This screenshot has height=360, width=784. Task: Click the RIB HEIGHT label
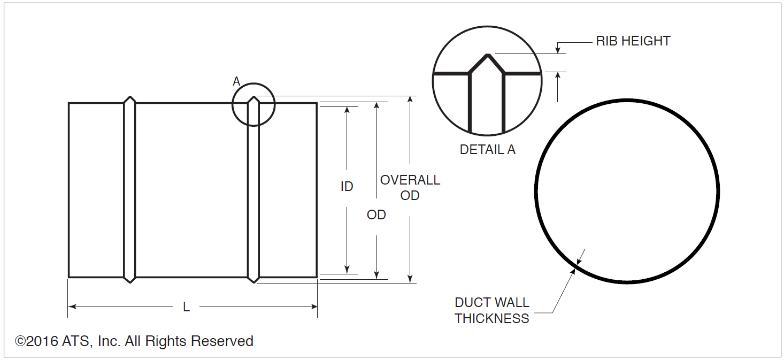[633, 41]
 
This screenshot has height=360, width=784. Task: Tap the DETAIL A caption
[487, 150]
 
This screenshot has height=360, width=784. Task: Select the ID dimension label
[347, 187]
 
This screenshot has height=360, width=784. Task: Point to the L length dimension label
[186, 307]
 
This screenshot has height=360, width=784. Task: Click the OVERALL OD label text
[410, 188]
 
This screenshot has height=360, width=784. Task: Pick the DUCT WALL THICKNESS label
[492, 310]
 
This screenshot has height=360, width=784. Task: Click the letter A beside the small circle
[236, 82]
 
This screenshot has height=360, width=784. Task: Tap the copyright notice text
[134, 341]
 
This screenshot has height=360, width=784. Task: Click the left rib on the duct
[129, 190]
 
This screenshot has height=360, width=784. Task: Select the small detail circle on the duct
[253, 104]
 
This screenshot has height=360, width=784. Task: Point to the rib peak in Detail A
[488, 55]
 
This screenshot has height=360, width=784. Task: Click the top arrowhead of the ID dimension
[347, 110]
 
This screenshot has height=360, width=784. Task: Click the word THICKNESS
[492, 318]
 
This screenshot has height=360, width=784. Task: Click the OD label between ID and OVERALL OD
[376, 215]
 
